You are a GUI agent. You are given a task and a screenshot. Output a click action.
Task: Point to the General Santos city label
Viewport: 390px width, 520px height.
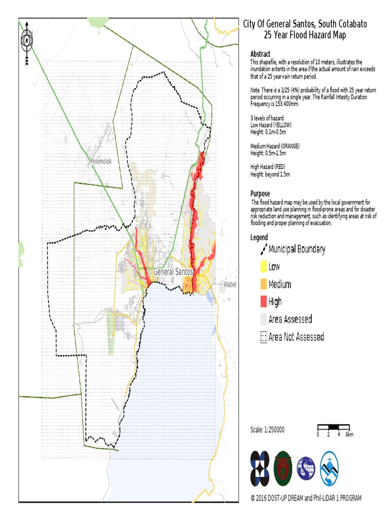(173, 272)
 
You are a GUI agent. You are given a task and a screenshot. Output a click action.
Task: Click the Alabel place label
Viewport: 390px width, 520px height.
(230, 284)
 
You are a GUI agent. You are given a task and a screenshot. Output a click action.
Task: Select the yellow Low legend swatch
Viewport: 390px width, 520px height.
(263, 267)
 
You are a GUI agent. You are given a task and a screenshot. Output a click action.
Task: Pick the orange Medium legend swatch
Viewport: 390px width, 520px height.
(263, 284)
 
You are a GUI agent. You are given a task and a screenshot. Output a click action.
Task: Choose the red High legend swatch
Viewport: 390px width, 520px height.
(263, 302)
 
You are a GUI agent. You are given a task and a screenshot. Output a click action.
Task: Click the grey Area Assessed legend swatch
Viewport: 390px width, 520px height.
(263, 319)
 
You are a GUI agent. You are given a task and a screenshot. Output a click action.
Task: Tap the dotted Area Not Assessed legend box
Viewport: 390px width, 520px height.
(263, 337)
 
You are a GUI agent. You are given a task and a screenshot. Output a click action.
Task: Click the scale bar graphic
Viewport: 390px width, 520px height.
(333, 427)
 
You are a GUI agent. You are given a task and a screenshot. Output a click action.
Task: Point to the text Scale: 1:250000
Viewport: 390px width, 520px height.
(268, 430)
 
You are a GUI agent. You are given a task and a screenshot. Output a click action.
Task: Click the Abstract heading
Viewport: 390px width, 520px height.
(261, 54)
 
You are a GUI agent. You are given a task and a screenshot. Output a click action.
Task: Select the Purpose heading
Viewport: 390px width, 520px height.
(260, 193)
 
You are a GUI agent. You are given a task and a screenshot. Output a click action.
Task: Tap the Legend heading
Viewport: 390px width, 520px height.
(259, 237)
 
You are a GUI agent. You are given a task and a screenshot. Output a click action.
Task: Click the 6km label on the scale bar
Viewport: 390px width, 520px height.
(349, 435)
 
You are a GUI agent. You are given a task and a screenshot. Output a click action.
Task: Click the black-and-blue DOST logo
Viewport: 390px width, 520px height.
(261, 468)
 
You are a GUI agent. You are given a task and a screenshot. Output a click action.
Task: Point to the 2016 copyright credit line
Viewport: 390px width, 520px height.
(306, 498)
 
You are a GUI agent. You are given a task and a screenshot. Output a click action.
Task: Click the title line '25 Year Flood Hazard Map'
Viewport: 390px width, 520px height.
(305, 35)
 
